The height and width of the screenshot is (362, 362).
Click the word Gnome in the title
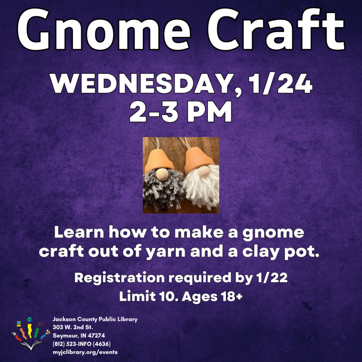tap(104, 30)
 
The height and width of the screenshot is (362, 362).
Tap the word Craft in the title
tap(276, 29)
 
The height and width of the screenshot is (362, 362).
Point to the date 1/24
tap(280, 83)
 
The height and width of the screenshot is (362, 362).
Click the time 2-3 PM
tap(181, 112)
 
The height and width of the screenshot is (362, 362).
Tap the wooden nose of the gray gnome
tap(162, 174)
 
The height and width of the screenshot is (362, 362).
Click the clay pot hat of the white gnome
tap(199, 160)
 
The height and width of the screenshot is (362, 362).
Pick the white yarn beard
tap(201, 186)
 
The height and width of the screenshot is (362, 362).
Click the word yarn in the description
tap(166, 251)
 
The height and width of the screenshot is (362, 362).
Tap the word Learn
tap(79, 232)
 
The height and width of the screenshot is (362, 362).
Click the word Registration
tap(119, 278)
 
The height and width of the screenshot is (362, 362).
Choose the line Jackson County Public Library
tap(95, 319)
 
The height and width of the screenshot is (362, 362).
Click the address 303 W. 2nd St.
tap(73, 327)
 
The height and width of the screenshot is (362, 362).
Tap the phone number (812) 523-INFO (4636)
tap(82, 344)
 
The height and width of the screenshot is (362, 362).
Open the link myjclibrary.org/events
tap(85, 352)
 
